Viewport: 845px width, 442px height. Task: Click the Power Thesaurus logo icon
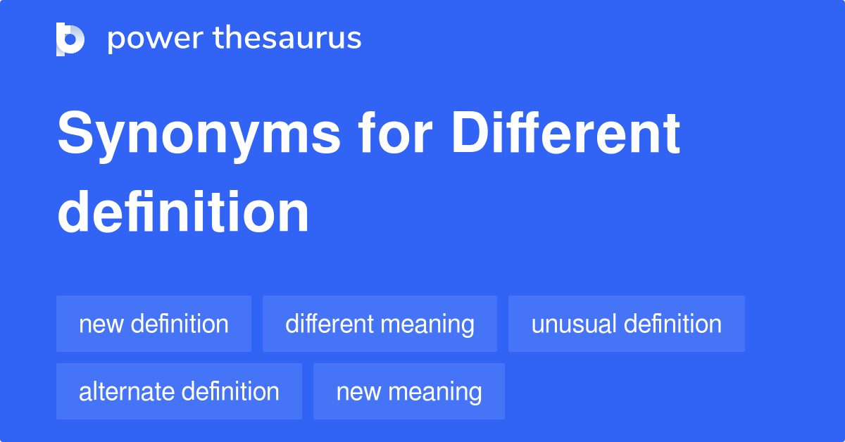point(70,39)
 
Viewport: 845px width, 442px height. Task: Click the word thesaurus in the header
point(287,39)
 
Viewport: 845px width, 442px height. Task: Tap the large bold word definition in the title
point(183,212)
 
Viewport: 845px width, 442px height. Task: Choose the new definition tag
point(154,324)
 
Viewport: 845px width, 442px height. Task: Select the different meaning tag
point(380,324)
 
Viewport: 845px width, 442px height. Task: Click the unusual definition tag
point(626,324)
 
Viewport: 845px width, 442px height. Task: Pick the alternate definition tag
point(179,392)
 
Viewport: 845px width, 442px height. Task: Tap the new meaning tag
point(408,392)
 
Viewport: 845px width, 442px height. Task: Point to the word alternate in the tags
point(124,392)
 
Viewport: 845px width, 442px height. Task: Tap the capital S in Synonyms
point(73,134)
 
